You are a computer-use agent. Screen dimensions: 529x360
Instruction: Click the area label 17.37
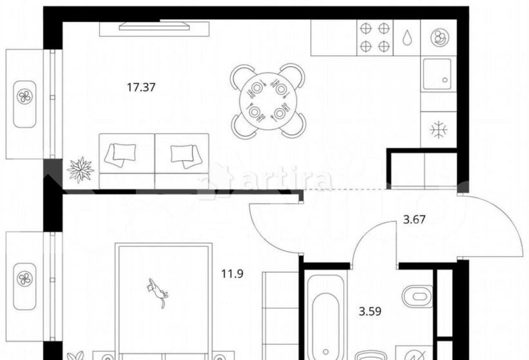click(141, 87)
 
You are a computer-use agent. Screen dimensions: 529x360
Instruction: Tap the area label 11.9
click(232, 273)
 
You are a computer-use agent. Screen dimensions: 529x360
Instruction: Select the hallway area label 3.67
click(415, 220)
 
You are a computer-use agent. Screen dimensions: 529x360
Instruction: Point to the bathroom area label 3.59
click(370, 311)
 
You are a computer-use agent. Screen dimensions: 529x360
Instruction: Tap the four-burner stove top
click(375, 37)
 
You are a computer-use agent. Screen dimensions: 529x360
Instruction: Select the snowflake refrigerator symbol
click(439, 130)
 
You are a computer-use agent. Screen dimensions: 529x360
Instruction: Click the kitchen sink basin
click(437, 74)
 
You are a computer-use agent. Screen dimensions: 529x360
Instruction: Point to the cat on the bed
click(158, 291)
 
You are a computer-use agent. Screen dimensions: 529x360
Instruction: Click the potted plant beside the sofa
click(80, 170)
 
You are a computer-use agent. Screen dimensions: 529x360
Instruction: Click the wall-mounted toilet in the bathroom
click(417, 296)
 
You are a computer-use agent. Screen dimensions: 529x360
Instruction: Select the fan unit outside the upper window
click(25, 104)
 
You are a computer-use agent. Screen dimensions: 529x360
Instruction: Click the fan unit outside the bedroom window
click(25, 286)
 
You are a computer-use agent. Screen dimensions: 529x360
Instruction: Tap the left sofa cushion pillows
click(121, 155)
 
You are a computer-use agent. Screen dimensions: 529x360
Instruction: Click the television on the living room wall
click(154, 26)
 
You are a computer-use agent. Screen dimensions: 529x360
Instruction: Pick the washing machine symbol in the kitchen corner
click(440, 38)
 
